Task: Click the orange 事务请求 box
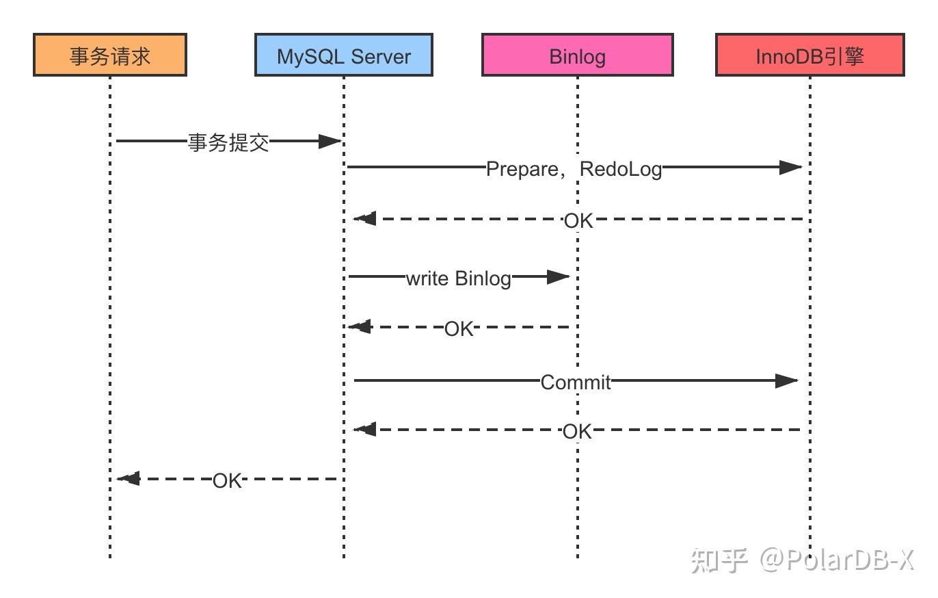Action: [x=110, y=55]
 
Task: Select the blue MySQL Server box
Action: [x=343, y=55]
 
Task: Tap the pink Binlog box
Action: [x=577, y=55]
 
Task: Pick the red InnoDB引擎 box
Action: [x=809, y=55]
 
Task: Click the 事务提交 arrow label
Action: [x=228, y=142]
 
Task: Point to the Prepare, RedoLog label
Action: [x=574, y=168]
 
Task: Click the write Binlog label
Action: [x=458, y=278]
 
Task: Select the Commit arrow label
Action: [x=575, y=382]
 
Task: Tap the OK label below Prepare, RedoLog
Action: [x=578, y=220]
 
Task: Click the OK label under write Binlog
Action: [x=459, y=328]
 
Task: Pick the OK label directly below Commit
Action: [x=577, y=431]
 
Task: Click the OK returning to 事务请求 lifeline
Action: [x=227, y=480]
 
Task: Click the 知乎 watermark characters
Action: [x=719, y=560]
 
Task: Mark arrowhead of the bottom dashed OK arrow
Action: [x=129, y=478]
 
